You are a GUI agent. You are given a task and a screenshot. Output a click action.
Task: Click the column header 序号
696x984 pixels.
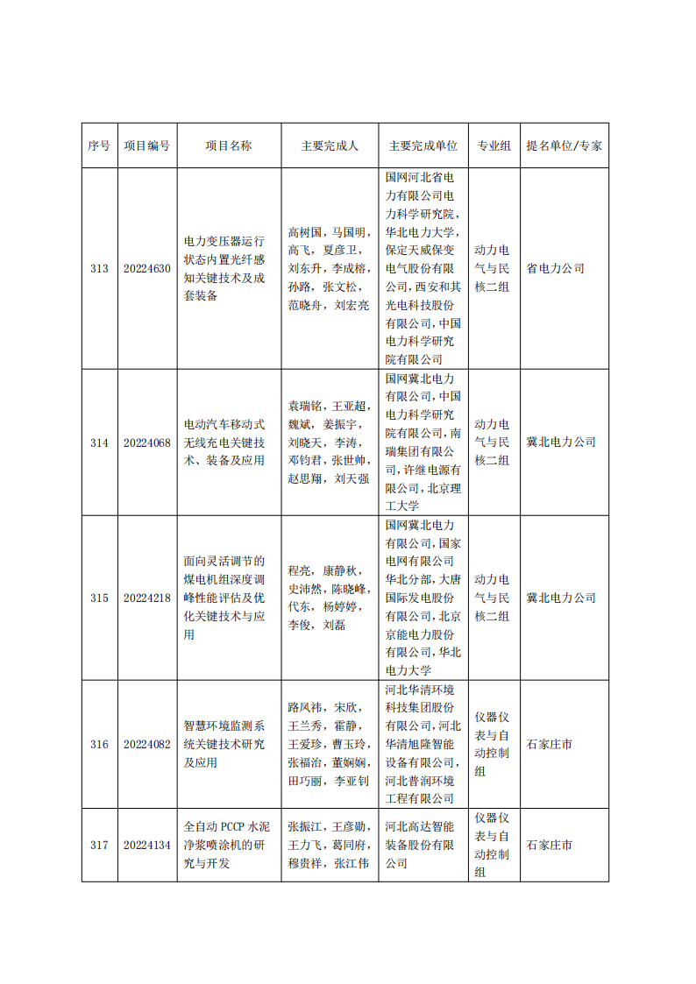[99, 146]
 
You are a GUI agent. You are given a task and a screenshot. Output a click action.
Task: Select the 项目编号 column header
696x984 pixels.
[147, 146]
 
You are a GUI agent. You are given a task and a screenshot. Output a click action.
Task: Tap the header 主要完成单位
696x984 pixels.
[423, 146]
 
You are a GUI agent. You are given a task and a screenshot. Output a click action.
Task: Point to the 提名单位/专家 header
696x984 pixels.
[564, 146]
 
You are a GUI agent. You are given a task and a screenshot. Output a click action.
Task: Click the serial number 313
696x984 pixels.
[99, 269]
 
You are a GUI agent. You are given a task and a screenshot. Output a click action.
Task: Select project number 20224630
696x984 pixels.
[147, 269]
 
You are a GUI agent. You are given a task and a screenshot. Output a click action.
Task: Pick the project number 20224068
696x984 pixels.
[147, 442]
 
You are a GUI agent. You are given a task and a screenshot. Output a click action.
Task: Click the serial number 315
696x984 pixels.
[99, 598]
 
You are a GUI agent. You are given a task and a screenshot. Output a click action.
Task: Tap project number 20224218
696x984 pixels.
[147, 598]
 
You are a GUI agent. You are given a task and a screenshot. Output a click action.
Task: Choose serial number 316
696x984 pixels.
[99, 745]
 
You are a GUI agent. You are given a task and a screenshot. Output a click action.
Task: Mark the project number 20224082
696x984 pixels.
[147, 745]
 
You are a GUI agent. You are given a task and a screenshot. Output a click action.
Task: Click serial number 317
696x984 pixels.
[99, 846]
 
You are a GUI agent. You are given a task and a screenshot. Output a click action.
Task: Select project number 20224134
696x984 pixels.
[147, 846]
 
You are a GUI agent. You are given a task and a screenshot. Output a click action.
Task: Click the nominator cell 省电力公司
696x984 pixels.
[555, 269]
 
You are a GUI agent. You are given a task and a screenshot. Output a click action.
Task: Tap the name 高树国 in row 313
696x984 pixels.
[306, 232]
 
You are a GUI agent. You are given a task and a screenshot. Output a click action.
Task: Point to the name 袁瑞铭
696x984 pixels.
[306, 406]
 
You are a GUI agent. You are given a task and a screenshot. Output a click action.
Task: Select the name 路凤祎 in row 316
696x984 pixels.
[306, 707]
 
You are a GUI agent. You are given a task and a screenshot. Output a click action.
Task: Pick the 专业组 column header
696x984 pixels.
[494, 146]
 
